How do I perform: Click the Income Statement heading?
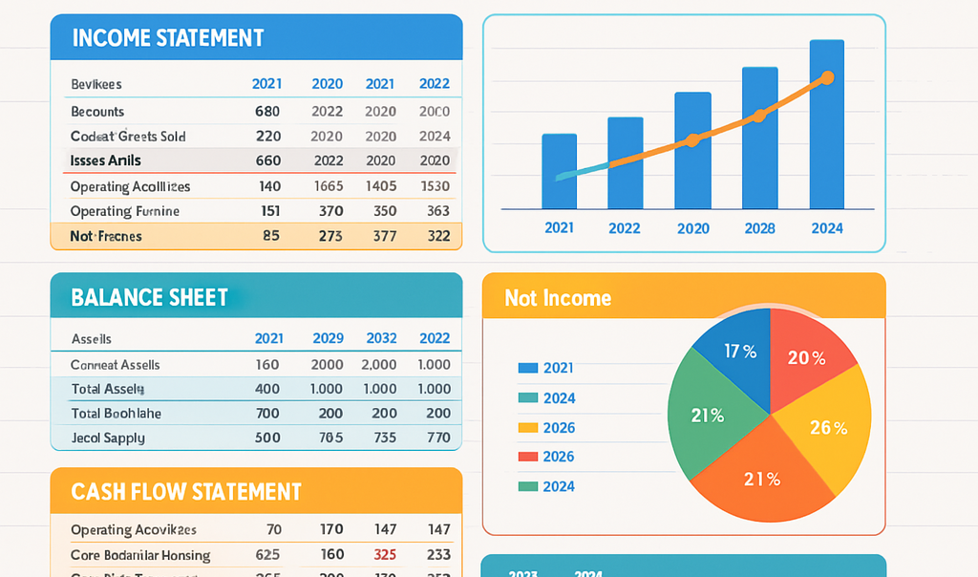point(167,38)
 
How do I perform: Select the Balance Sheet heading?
point(150,297)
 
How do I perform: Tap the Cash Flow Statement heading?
point(186,492)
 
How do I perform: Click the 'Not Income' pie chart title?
point(558,298)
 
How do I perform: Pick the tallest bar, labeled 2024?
point(826,124)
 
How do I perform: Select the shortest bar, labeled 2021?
point(559,172)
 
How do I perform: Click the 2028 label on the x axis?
point(760,228)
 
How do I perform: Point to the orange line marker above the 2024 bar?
point(827,77)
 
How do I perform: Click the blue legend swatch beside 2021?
point(527,368)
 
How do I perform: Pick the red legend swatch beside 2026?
point(527,457)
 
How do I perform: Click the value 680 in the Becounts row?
point(267,111)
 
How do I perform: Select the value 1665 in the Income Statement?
point(328,186)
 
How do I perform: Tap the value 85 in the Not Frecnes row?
point(270,235)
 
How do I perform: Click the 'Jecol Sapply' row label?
point(108,438)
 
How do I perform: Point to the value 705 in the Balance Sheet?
point(330,438)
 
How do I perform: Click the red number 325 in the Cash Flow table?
point(385,554)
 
